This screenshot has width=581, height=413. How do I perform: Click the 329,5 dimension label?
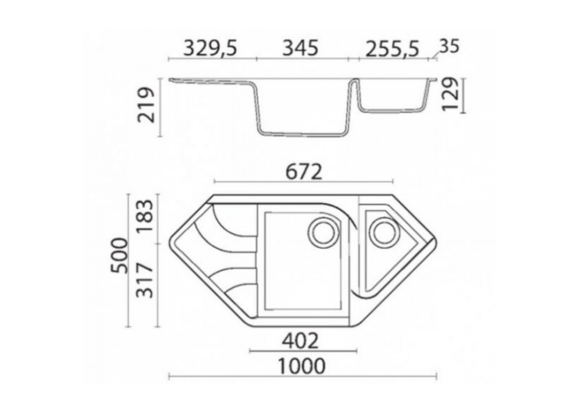(x=210, y=48)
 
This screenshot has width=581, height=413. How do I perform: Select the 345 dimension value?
(x=300, y=48)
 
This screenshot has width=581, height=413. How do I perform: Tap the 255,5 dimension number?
(x=392, y=49)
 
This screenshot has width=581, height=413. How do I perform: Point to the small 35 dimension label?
(x=449, y=46)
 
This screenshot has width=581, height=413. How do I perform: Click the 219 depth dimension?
(x=146, y=105)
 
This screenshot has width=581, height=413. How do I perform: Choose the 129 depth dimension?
(x=451, y=94)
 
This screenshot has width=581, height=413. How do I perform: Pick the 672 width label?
(x=304, y=172)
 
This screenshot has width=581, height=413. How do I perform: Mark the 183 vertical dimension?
(x=144, y=216)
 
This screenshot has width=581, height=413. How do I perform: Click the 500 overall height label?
(x=121, y=255)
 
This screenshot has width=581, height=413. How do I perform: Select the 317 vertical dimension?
(x=144, y=280)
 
